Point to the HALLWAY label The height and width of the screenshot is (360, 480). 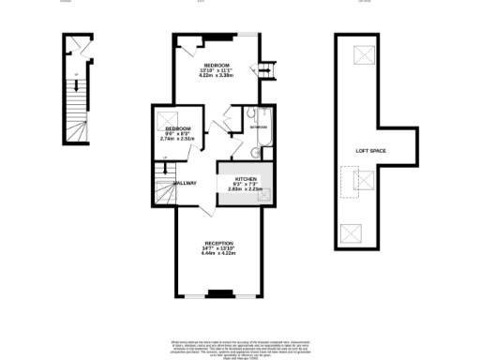pyautogui.click(x=184, y=182)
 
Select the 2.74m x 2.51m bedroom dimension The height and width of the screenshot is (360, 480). pyautogui.click(x=176, y=138)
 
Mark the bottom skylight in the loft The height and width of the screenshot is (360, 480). pyautogui.click(x=352, y=232)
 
